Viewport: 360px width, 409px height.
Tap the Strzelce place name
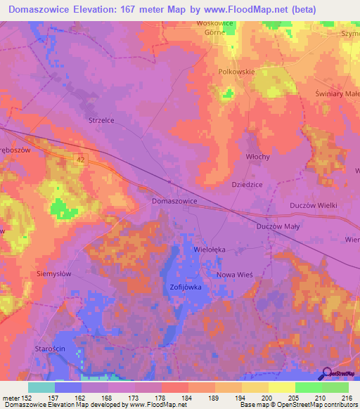101,120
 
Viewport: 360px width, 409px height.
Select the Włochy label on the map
258,157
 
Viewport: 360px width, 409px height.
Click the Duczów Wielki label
314,205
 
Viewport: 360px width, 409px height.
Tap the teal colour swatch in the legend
41,387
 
